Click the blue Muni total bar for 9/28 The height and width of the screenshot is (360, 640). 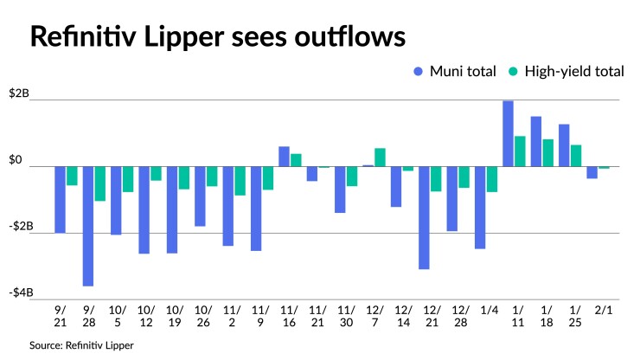point(88,226)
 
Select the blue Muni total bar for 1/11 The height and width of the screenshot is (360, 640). point(508,133)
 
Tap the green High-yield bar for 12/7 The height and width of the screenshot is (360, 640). point(380,157)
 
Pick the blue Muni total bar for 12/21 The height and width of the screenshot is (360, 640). point(424,217)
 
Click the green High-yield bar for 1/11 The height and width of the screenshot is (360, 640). point(520,151)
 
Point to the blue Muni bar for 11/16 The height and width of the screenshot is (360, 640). point(284,157)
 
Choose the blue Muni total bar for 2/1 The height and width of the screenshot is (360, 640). point(592,172)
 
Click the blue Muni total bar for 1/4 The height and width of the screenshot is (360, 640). point(480,207)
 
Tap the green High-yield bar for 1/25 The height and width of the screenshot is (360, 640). point(576,155)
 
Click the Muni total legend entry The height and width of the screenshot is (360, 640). point(455,72)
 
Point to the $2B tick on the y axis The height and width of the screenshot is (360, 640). point(18,93)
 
